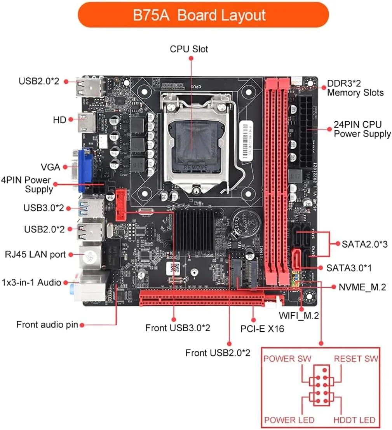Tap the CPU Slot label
pyautogui.click(x=189, y=49)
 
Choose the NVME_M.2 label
pyautogui.click(x=362, y=287)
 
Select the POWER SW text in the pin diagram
pyautogui.click(x=287, y=358)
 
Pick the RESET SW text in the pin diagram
pyautogui.click(x=356, y=358)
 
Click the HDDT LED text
pyautogui.click(x=354, y=420)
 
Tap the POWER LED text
pyautogui.click(x=289, y=420)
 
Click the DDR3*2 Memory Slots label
pyautogui.click(x=355, y=88)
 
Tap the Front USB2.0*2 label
pyautogui.click(x=218, y=353)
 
